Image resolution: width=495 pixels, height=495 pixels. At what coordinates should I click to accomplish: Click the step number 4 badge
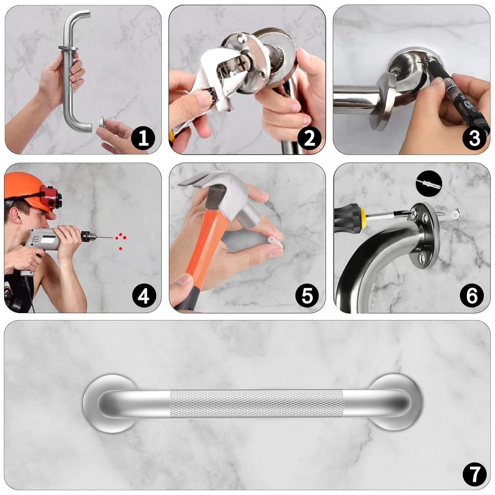143,296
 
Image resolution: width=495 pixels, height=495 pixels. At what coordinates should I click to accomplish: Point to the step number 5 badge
307,295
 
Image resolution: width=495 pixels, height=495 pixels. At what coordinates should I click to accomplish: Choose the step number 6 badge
472,295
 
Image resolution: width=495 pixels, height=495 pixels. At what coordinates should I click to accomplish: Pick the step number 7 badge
474,474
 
